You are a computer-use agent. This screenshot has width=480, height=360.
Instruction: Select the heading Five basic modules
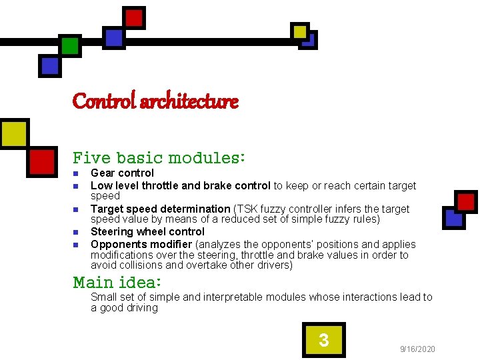(x=159, y=158)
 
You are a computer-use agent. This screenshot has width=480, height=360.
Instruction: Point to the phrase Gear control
(x=122, y=173)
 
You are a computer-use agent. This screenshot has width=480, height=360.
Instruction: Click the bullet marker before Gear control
(x=76, y=174)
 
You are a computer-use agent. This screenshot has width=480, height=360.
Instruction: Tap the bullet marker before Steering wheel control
(x=76, y=233)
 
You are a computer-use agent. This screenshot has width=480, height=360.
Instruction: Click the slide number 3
(x=323, y=341)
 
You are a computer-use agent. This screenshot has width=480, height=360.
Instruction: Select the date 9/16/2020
(x=417, y=349)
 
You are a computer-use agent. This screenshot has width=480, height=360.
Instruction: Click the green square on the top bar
(x=70, y=46)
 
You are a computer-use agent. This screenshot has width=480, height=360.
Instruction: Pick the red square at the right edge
(x=465, y=201)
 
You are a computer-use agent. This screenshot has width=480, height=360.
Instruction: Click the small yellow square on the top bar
(x=300, y=31)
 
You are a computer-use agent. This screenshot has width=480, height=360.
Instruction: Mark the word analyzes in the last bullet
(x=221, y=244)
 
